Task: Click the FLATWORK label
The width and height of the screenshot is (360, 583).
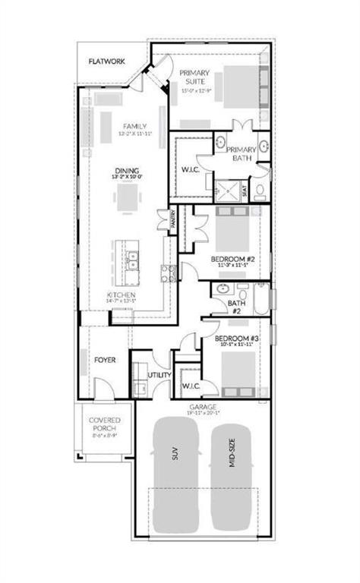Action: [106, 61]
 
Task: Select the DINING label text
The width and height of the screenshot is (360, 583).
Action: [126, 171]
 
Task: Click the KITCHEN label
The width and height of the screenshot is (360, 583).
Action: [122, 295]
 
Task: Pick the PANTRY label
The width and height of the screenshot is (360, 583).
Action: [173, 220]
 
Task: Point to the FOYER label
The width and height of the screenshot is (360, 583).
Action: [105, 359]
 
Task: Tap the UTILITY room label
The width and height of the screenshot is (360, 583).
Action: [159, 376]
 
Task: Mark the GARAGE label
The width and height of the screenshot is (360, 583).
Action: [203, 408]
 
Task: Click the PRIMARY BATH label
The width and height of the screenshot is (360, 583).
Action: [242, 154]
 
